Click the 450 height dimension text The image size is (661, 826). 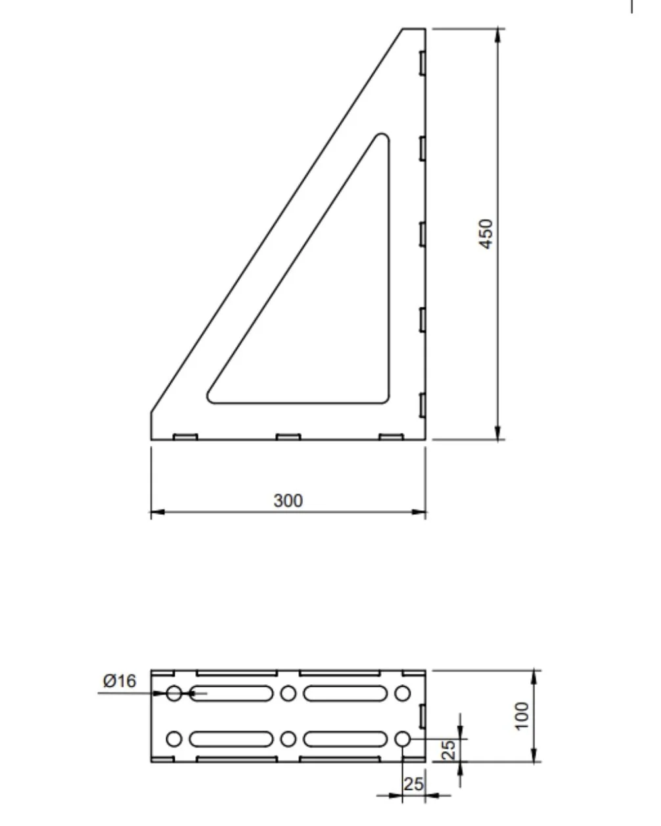[486, 233]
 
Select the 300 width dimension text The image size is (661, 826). [288, 500]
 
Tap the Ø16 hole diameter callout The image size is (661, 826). [119, 681]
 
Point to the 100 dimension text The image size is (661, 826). [522, 716]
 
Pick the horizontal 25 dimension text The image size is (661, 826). [413, 783]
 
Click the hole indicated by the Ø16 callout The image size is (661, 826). [173, 693]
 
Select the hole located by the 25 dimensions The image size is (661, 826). [403, 739]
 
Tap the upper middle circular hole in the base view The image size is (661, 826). [288, 693]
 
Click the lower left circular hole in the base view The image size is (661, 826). [173, 739]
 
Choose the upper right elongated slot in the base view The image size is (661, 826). [345, 693]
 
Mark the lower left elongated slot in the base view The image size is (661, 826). [231, 739]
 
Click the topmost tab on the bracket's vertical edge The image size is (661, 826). [422, 63]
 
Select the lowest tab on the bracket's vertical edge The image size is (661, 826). [422, 404]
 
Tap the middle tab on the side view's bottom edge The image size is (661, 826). [288, 437]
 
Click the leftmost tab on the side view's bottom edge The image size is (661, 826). [185, 437]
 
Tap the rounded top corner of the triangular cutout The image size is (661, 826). [382, 139]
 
